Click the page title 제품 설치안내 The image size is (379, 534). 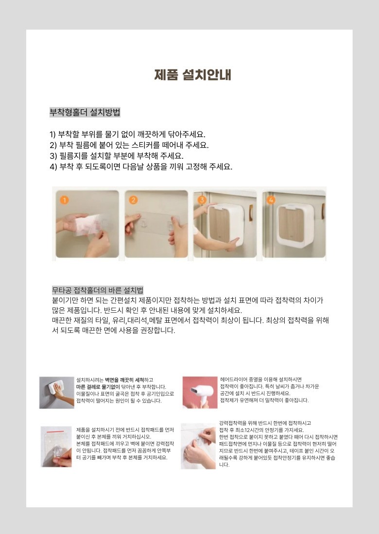coord(193,75)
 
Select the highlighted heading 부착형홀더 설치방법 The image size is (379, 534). coord(85,112)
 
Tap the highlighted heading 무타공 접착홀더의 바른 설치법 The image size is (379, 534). coord(98,290)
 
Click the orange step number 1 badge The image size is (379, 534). coord(64,200)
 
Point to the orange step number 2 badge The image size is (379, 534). coord(133,200)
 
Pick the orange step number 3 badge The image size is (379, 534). coord(202,200)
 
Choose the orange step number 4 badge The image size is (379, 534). coord(271,200)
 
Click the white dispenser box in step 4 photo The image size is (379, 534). coord(295,225)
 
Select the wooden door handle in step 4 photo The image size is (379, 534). coord(323,212)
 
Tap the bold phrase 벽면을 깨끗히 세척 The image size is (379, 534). coord(124,380)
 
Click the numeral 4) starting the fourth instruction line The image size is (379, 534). coord(53,167)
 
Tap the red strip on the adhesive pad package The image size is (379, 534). coord(55,432)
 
